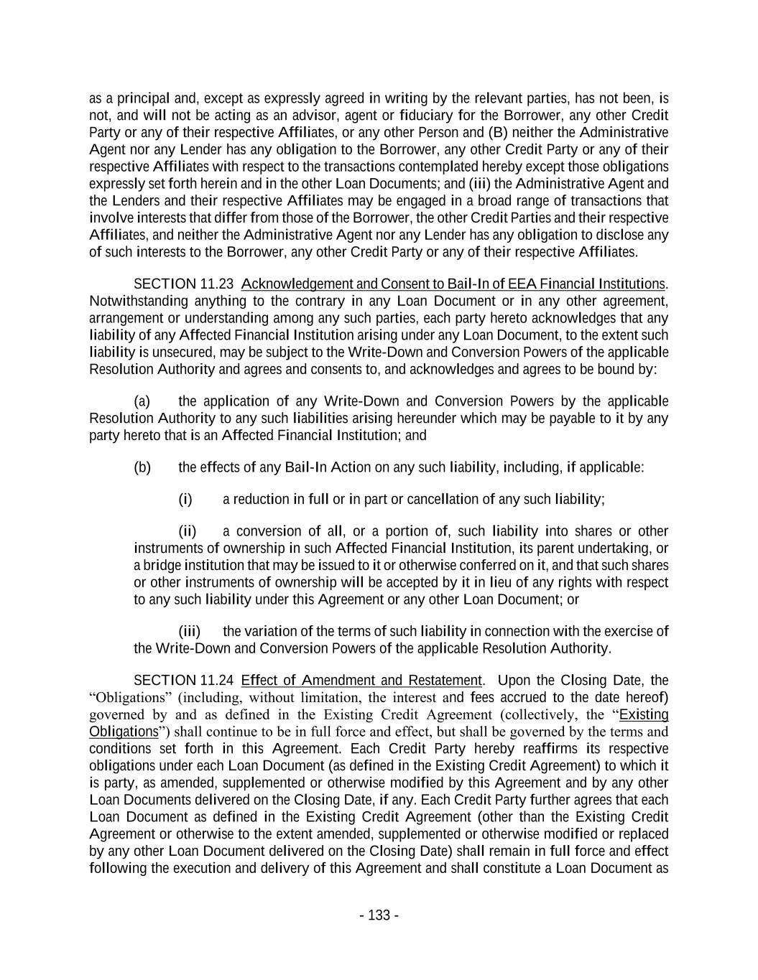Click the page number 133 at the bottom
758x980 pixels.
click(379, 915)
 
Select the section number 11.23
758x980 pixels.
click(218, 284)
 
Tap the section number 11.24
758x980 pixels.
click(218, 680)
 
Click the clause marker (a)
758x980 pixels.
click(142, 401)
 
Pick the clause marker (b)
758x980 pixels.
click(142, 467)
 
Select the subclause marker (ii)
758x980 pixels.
click(188, 531)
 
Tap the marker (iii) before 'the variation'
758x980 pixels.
click(190, 631)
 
